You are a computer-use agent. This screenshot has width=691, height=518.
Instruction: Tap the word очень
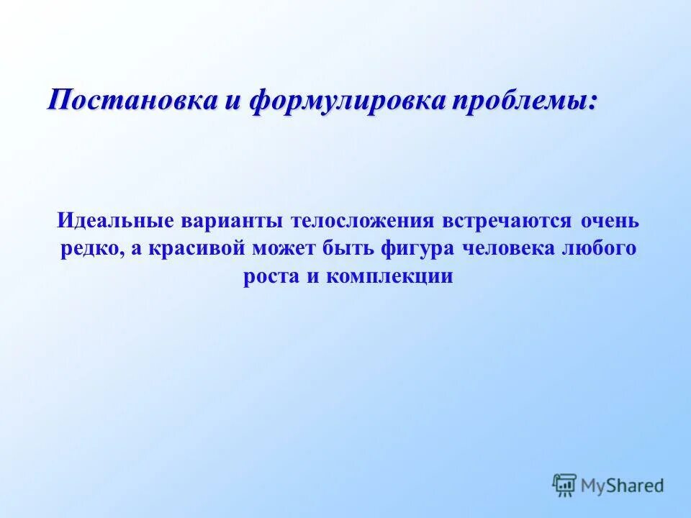[x=609, y=220]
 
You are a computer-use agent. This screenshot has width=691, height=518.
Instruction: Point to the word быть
[x=348, y=249]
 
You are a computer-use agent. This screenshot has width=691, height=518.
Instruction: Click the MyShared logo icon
[x=564, y=486]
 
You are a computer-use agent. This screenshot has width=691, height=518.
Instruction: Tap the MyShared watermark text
[x=623, y=486]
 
